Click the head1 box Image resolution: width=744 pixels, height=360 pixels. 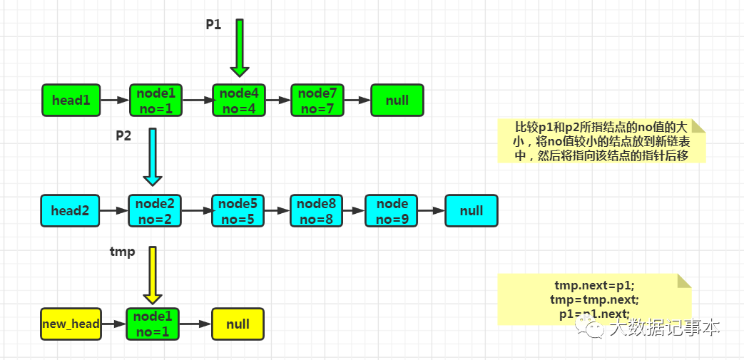pos(71,100)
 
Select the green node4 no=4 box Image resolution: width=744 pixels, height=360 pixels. pos(239,100)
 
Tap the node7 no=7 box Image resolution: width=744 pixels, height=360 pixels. pos(317,100)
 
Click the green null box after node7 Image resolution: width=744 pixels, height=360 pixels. pos(397,100)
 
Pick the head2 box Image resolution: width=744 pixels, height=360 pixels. pos(70,210)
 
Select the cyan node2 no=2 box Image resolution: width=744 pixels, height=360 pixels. pos(155,210)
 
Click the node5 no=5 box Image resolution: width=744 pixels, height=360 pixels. pos(238,210)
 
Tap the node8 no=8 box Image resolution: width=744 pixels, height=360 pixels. pos(317,210)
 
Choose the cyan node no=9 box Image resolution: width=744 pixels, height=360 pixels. pos(392,210)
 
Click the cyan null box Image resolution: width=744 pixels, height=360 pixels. pos(472,210)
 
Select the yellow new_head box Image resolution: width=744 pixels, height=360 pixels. pos(71,324)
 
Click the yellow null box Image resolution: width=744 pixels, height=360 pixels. pos(238,324)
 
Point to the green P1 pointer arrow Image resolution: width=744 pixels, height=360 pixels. pos(240,48)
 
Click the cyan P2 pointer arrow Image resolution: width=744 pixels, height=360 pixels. pos(153,157)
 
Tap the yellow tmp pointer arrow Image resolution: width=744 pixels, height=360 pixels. pos(153,276)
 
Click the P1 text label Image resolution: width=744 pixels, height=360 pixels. pos(213,25)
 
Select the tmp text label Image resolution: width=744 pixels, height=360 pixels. pos(123,252)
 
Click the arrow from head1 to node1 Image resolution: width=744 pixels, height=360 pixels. pos(116,100)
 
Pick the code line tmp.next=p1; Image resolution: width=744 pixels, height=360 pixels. pos(594,286)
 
